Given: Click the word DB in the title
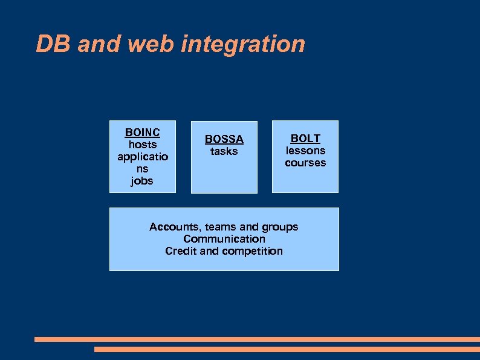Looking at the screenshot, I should coord(54,44).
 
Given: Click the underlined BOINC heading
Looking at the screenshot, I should coord(142,133).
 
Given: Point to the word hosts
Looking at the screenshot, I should coord(143,145).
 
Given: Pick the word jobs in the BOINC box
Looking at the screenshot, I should coord(142,181).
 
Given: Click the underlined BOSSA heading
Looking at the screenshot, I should coord(224,139).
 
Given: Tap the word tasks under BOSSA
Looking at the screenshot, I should coord(224,151).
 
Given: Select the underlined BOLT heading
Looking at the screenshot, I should coord(305,139).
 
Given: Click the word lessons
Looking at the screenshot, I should coord(305,151).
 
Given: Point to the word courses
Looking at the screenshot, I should coord(305,163).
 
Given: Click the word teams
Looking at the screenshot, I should coord(220,227).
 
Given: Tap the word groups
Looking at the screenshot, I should coord(280,227).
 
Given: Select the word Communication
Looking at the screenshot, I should coord(224,239).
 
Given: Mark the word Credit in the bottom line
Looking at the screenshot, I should coord(180,251).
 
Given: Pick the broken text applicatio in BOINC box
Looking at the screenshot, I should coord(143,157).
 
